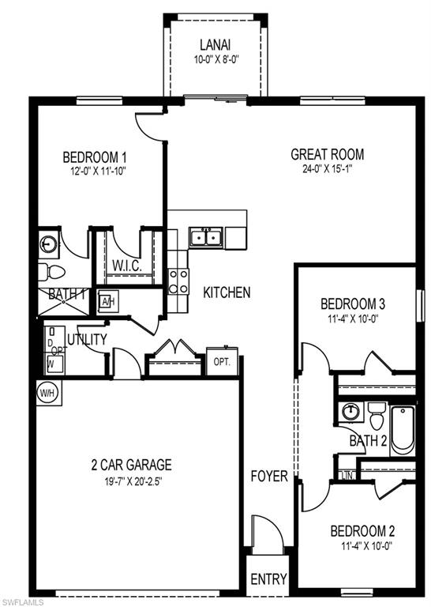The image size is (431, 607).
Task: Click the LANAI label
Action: [x=215, y=45]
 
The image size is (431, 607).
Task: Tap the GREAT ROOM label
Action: [x=327, y=154]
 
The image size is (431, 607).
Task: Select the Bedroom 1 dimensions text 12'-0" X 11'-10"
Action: [x=95, y=170]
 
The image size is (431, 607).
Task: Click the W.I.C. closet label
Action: [x=126, y=264]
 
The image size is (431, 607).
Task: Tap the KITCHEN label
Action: [x=227, y=292]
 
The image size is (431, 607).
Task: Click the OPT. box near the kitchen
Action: [x=222, y=361]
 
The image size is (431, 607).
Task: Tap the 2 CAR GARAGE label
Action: [x=130, y=465]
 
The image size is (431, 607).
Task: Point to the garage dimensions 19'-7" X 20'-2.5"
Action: [x=130, y=480]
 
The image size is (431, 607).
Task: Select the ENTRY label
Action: [x=268, y=579]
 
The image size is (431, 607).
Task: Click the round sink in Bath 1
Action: [x=48, y=245]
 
